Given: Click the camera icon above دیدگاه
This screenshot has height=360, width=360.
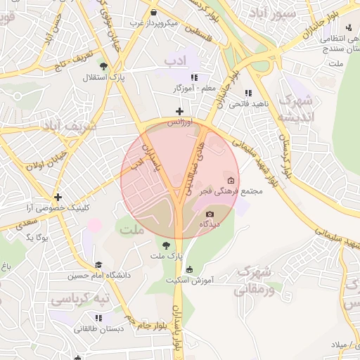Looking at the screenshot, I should [210, 214].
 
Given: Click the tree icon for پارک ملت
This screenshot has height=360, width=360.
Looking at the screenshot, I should [165, 245].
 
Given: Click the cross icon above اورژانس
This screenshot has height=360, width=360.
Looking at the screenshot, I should [179, 111].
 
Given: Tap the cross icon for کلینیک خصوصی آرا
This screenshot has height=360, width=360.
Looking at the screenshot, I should [58, 198].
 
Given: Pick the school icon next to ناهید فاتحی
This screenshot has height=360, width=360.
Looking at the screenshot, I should [247, 93].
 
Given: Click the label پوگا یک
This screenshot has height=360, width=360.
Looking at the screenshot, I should [35, 238].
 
